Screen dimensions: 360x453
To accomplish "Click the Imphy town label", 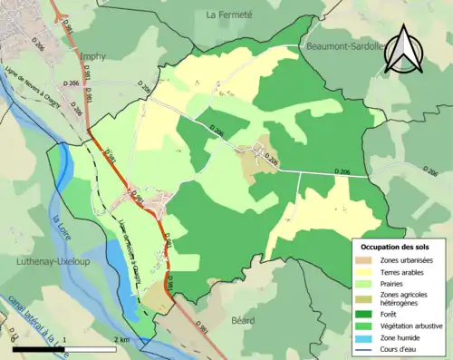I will [93, 56].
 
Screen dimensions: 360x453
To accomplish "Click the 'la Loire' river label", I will [62, 231].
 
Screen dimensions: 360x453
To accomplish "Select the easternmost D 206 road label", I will [342, 171].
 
